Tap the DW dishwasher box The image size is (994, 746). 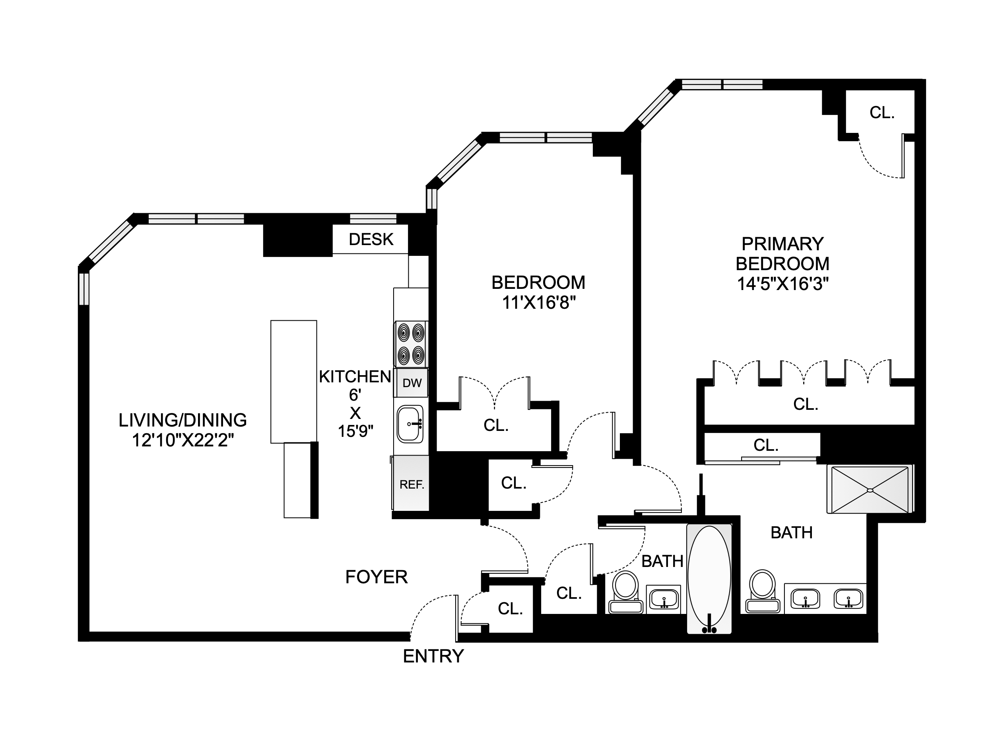point(412,383)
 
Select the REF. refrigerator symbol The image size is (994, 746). point(412,484)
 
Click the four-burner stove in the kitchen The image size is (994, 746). point(411,344)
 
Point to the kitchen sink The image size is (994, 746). point(410,424)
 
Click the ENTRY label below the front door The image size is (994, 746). point(433,656)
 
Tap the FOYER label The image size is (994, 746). point(376,577)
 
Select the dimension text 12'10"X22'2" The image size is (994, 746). point(182,440)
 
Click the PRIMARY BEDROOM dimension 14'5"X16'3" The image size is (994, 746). point(782,284)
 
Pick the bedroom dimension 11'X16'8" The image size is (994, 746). point(538,303)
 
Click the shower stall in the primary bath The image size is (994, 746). point(870,490)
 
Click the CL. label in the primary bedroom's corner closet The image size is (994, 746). point(881,113)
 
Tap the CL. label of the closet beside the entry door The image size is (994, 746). point(510,608)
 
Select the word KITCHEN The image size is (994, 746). point(355,377)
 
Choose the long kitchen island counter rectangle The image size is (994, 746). point(293,381)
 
